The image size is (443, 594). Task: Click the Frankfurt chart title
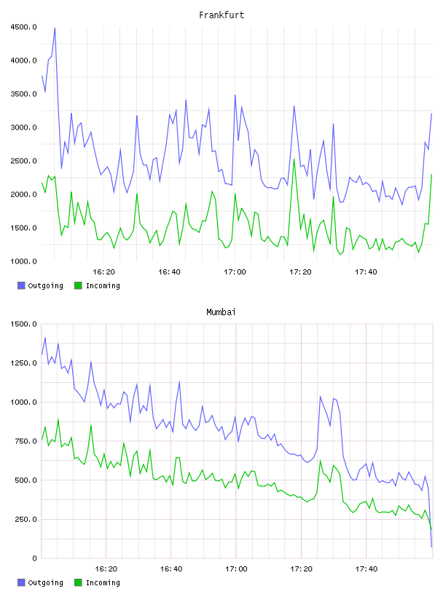point(221,15)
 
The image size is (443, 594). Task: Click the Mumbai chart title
point(221,312)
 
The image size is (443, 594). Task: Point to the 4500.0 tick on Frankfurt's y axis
point(24,27)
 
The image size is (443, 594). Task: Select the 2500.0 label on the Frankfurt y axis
point(24,161)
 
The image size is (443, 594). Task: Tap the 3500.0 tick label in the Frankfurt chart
point(24,94)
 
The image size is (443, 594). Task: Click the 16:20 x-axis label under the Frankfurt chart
point(103,272)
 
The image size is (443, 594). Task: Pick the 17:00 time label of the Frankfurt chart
point(235,272)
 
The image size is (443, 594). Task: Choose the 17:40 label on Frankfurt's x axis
point(366,272)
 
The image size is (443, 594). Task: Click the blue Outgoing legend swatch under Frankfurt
point(21,285)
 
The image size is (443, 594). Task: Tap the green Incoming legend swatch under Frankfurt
point(78,285)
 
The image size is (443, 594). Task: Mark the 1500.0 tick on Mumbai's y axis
point(24,324)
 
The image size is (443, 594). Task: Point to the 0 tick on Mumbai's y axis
point(34,558)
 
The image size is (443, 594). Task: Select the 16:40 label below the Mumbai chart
point(171,569)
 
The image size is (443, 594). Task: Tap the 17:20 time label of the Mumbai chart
point(301,569)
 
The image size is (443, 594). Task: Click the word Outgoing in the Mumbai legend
point(45,582)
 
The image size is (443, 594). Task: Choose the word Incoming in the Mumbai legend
point(103,582)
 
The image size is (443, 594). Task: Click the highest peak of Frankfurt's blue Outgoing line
point(55,28)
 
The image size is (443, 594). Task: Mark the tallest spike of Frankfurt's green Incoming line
point(294,159)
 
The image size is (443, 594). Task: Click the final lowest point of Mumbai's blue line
point(431,547)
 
